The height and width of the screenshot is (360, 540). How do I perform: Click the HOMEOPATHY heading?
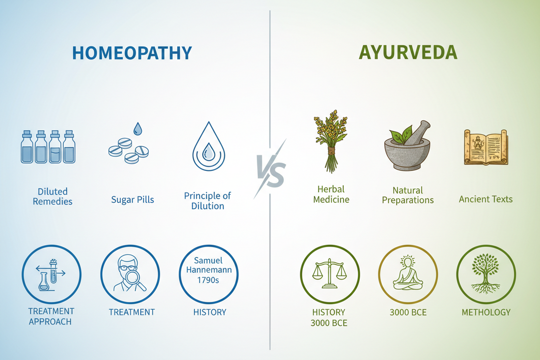coord(132,53)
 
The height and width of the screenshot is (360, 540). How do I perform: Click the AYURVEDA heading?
coord(408,53)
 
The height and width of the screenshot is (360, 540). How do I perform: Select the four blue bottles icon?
coord(48,147)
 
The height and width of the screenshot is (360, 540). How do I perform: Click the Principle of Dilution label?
coord(207,201)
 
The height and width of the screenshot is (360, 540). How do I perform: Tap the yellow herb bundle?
coord(331,142)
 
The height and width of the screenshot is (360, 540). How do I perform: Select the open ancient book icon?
coord(486,147)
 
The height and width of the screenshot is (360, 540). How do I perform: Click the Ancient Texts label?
coord(486,199)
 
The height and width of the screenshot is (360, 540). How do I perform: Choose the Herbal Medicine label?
coord(331,194)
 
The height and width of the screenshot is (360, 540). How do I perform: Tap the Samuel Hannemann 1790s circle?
coord(209,274)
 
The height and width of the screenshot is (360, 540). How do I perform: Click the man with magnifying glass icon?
coord(130,274)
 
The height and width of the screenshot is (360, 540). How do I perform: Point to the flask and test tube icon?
coord(51,274)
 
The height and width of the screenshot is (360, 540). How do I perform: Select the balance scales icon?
coord(329,274)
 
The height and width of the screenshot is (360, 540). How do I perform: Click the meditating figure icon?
coord(407,274)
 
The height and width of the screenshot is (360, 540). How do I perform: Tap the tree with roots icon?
coord(486,274)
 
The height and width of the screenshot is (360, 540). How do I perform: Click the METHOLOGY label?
coord(486,312)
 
